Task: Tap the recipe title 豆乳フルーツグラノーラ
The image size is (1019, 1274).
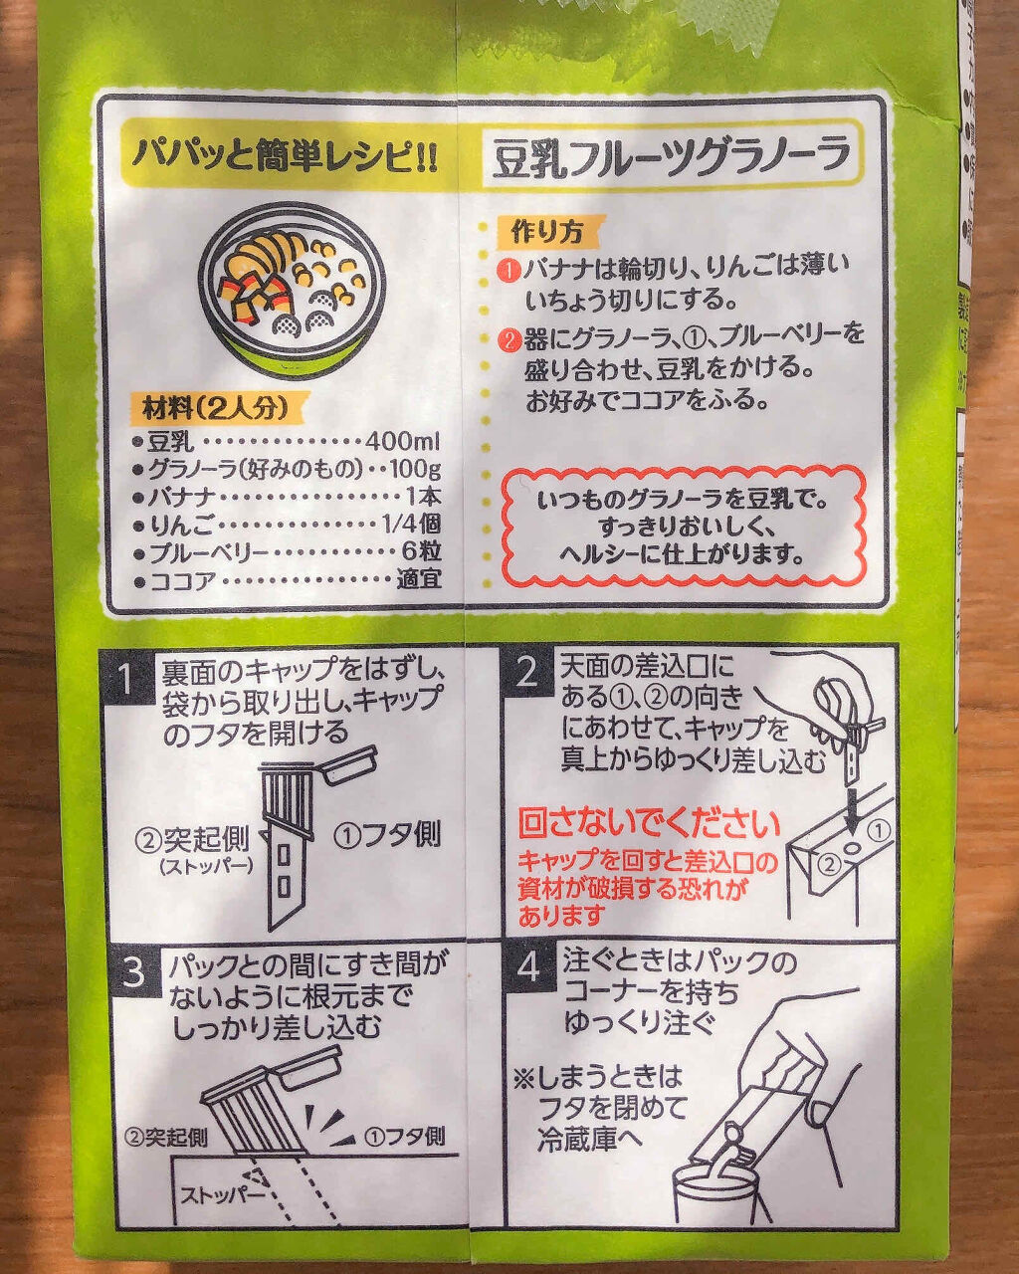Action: (673, 157)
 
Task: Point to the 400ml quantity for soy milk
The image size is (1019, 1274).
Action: (402, 441)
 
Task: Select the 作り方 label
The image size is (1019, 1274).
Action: (545, 232)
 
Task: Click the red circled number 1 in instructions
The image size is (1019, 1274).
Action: (509, 268)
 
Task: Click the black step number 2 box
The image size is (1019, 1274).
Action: (527, 672)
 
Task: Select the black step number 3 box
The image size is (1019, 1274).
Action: (133, 972)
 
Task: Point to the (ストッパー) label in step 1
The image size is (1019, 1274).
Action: (206, 866)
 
